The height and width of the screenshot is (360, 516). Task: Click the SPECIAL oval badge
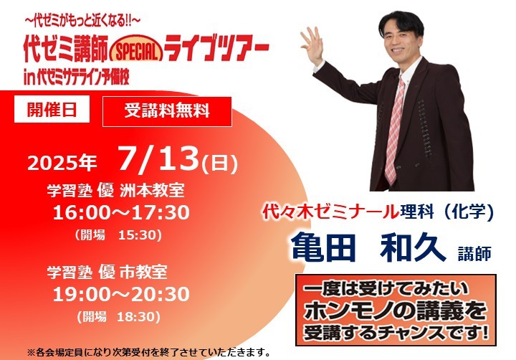coord(137,49)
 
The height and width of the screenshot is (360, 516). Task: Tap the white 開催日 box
coord(52,109)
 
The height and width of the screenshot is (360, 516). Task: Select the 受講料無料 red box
coord(167,111)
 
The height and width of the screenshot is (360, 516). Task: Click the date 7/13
coord(159,159)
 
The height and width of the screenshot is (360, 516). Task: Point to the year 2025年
coord(62,163)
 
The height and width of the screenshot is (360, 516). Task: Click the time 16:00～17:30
coord(121,212)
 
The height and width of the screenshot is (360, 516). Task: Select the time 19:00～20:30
coord(121,294)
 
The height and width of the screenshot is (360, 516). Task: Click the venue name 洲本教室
coord(152,191)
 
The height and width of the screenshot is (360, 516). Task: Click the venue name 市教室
coord(143,272)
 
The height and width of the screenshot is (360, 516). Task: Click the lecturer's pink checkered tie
coord(395,131)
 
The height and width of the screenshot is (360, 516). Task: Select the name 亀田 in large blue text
coord(324,247)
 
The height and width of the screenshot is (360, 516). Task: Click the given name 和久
coord(413,247)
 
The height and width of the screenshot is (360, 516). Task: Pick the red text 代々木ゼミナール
coord(330,212)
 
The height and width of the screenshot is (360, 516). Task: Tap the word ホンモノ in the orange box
coord(349,311)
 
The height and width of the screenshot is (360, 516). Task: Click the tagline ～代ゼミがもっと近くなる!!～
coord(82,22)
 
